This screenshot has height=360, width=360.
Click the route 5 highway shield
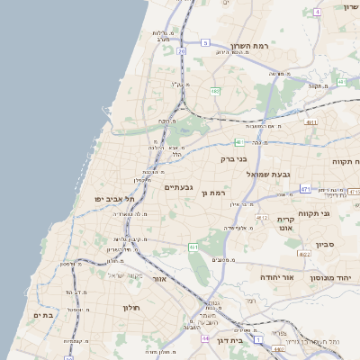[205, 42]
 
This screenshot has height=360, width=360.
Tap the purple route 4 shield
[317, 13]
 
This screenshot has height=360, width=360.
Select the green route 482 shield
[215, 91]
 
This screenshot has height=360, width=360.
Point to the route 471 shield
[306, 189]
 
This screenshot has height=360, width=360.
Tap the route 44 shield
[206, 337]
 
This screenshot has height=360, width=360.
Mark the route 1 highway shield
[260, 341]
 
